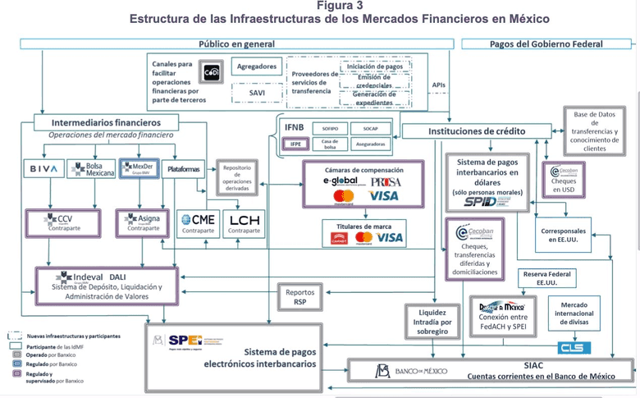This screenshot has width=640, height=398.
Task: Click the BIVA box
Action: point(43,170)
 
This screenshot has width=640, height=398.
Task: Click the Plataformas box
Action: point(183,170)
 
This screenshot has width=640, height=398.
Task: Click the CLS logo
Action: point(574,348)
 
